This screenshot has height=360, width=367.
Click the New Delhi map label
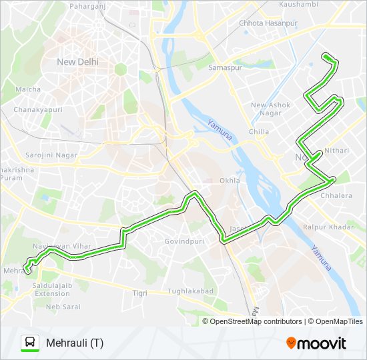(x=77, y=62)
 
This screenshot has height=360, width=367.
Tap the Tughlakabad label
(x=190, y=291)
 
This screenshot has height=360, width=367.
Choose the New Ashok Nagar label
(x=268, y=109)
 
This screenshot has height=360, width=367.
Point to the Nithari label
(x=336, y=151)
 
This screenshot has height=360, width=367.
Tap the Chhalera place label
(x=336, y=195)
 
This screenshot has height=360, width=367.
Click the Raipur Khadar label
(x=328, y=227)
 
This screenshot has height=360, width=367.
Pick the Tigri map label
(x=139, y=293)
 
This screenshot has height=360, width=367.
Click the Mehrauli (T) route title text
(x=74, y=343)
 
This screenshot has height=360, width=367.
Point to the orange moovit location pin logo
(x=292, y=343)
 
